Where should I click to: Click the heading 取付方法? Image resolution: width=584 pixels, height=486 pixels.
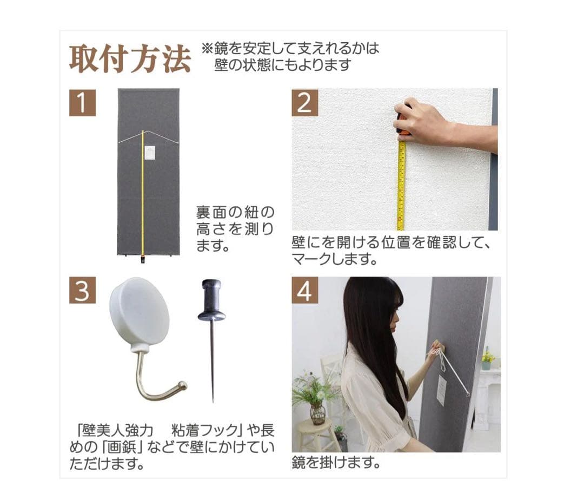tap(130, 60)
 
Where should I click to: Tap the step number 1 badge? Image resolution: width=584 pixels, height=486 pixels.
tap(82, 102)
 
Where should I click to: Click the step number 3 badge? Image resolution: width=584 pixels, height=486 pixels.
tap(82, 291)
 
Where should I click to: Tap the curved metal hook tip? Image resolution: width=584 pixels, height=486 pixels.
tap(182, 386)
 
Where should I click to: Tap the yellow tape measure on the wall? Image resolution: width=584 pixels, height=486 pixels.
tap(401, 184)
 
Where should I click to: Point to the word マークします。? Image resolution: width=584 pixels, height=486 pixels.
tap(334, 259)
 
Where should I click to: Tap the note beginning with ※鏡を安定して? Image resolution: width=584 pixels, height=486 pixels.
tap(290, 56)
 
